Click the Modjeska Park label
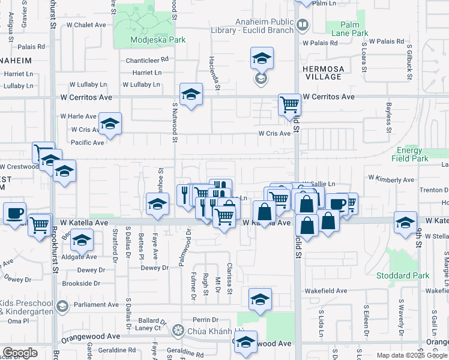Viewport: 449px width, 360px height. [158, 40]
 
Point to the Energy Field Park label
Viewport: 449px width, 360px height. [410, 155]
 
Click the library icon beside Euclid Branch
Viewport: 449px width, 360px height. [303, 25]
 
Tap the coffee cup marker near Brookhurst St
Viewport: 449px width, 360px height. [14, 212]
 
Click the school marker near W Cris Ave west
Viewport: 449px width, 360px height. [110, 123]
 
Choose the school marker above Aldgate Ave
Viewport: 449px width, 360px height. [81, 241]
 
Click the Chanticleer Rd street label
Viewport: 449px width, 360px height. [147, 60]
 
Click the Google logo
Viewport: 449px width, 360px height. [20, 353]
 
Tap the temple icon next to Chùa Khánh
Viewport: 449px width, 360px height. [177, 329]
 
